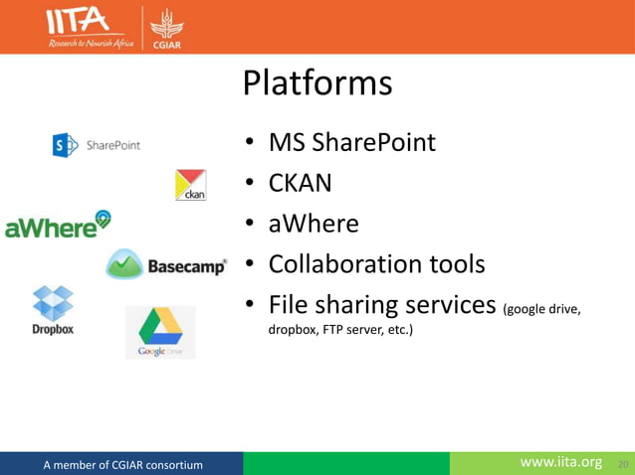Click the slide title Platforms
[317, 83]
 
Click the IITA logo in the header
[89, 27]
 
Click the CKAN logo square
[190, 186]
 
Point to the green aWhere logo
[58, 226]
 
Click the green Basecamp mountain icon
[125, 265]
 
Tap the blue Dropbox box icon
[53, 301]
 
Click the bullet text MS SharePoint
[351, 143]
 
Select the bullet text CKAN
[300, 184]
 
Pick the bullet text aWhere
[313, 224]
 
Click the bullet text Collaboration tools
[376, 264]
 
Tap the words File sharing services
[382, 305]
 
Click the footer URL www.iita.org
[561, 462]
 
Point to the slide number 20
[623, 464]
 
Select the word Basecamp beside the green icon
[186, 266]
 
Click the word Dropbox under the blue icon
[53, 329]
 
